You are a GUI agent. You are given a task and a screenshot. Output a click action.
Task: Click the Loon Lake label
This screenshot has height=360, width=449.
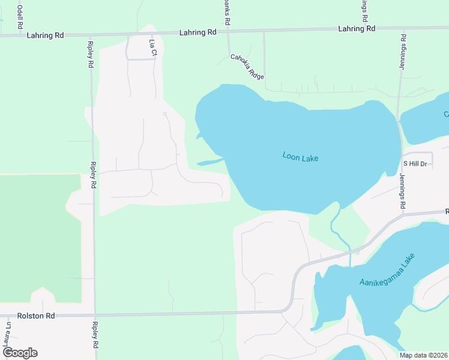tap(300, 158)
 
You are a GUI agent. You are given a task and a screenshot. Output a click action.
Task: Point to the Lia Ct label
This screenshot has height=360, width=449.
tap(152, 48)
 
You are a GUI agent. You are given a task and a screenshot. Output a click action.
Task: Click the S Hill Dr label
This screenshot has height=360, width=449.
tap(415, 163)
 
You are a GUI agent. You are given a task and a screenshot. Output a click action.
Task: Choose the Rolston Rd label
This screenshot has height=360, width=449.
tap(36, 316)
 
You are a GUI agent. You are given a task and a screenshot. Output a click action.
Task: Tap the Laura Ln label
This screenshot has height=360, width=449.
tap(7, 336)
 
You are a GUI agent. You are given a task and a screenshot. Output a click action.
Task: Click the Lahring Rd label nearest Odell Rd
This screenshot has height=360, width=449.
tap(45, 35)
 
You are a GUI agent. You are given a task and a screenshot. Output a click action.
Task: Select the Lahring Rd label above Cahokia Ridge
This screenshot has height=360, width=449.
tap(197, 32)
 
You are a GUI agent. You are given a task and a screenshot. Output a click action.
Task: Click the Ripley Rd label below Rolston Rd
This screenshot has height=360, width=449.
tap(95, 337)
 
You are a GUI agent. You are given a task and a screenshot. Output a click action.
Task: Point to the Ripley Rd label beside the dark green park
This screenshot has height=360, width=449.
tap(93, 175)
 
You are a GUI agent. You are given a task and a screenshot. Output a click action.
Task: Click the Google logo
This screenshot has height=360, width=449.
tap(20, 353)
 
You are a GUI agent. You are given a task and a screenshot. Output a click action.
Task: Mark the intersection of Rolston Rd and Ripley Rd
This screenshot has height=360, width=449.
tap(94, 314)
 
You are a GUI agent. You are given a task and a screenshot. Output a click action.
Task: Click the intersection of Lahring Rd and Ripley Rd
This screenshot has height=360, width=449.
tap(91, 35)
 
